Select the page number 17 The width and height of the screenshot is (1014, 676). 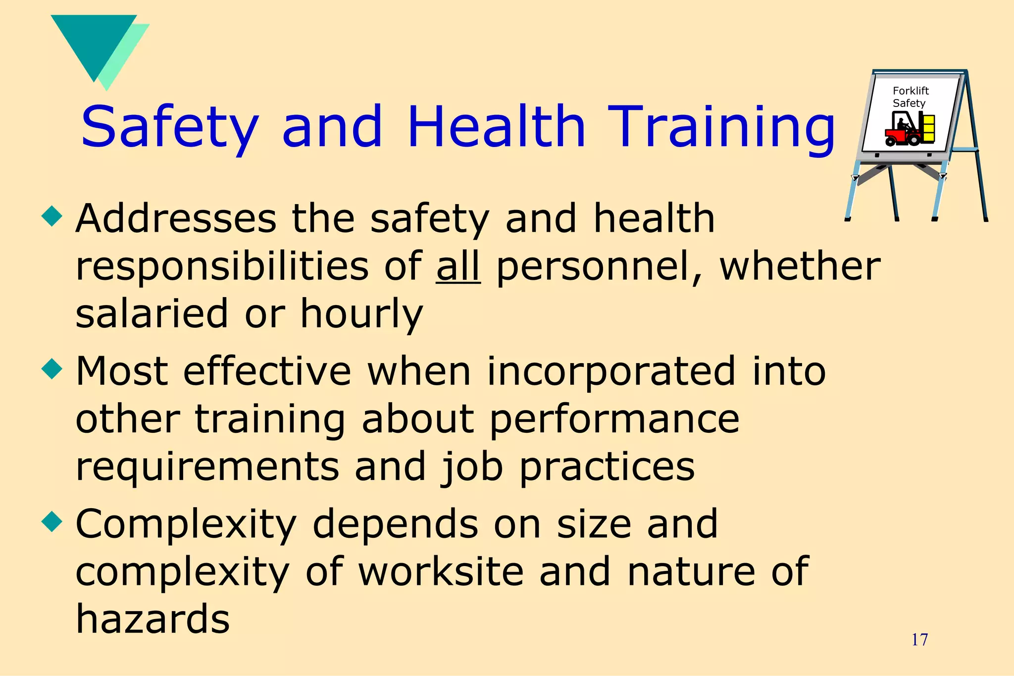click(919, 640)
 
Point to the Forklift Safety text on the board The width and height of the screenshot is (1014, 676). click(910, 97)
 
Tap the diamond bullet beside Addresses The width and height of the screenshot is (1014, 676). click(52, 216)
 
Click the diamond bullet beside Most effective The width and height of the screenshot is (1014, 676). click(52, 369)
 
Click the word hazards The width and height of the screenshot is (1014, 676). click(152, 619)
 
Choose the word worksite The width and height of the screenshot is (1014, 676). click(441, 571)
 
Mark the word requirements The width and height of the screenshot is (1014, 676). click(207, 467)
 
